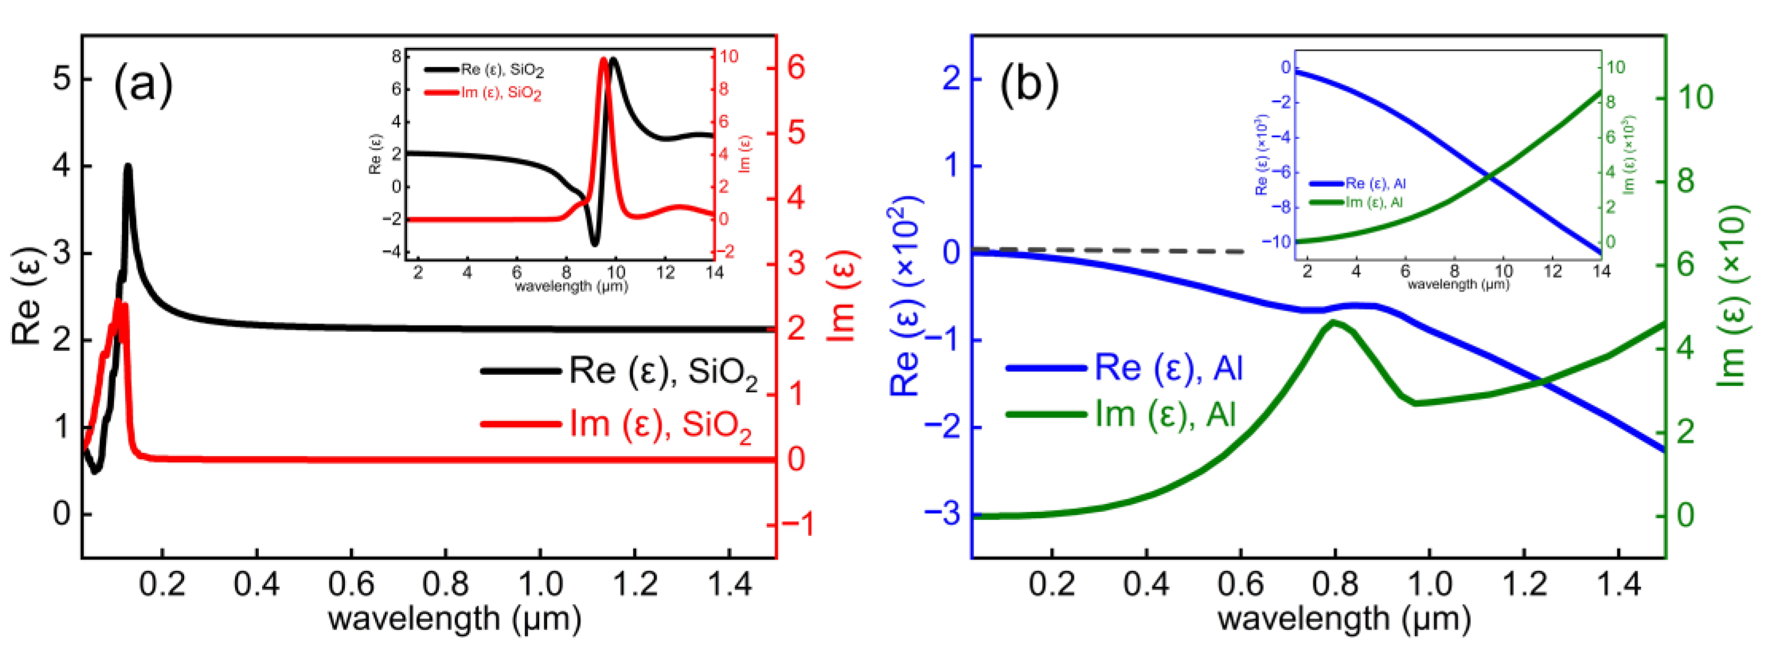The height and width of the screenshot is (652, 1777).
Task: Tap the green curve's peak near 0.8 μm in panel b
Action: pos(1333,323)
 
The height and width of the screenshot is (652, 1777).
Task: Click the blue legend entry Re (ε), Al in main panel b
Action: pos(1168,368)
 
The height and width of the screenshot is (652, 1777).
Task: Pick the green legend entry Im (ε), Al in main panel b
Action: pos(1165,415)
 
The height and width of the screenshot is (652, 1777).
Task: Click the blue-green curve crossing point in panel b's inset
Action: pos(1490,177)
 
